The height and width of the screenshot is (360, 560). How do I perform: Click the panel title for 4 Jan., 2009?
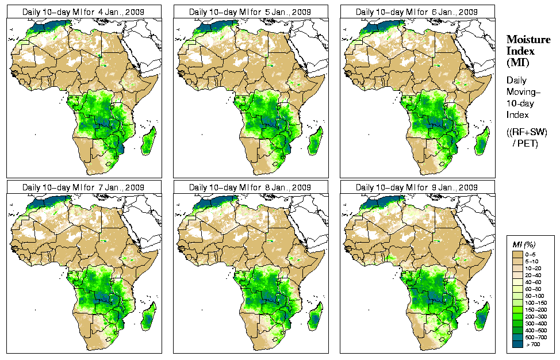click(83, 12)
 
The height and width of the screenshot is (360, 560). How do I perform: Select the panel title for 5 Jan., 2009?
click(250, 12)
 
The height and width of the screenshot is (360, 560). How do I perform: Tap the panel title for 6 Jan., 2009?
click(417, 12)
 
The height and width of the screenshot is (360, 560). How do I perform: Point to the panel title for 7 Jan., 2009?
click(83, 187)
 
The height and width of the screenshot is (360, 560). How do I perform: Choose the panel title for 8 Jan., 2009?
click(250, 187)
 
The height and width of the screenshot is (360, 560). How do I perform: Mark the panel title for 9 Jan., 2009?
click(417, 187)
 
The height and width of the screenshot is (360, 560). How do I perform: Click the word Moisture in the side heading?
click(525, 39)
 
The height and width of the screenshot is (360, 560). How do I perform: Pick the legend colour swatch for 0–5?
click(517, 254)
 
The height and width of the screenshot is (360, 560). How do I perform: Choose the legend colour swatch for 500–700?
click(517, 336)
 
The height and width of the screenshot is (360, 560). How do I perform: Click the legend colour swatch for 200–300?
click(517, 316)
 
